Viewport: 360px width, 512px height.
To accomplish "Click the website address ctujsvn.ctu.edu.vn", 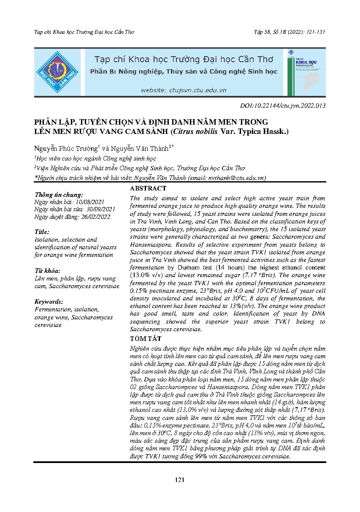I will click(x=184, y=90).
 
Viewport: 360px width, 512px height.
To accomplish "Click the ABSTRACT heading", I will click(x=148, y=188).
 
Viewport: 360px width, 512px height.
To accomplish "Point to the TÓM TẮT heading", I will click(x=146, y=339).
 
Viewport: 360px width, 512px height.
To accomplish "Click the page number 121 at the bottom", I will click(x=180, y=479).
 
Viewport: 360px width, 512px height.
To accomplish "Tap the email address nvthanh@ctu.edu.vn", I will click(x=239, y=178).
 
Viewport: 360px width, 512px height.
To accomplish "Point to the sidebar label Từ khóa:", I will click(x=47, y=270).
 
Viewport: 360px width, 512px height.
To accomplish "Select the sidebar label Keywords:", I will click(x=49, y=302).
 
